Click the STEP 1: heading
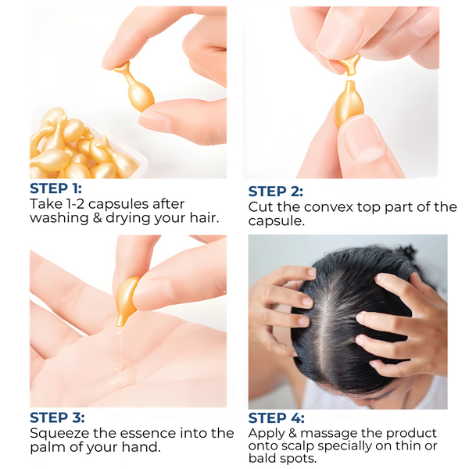point(55,188)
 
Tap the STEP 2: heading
point(275,192)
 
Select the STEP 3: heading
point(57,417)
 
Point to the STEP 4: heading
point(277,418)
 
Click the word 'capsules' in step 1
point(119,205)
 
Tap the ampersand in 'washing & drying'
point(97,218)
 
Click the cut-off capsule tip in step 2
point(350,63)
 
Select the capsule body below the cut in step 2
point(349,103)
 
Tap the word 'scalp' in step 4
point(295,446)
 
